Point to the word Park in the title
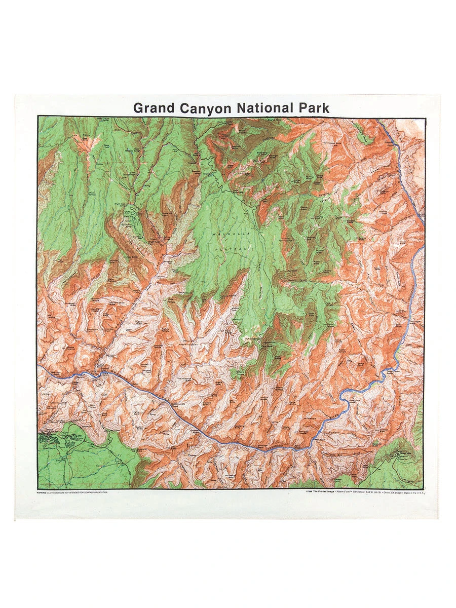coord(314,108)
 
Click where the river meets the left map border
coord(39,366)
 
